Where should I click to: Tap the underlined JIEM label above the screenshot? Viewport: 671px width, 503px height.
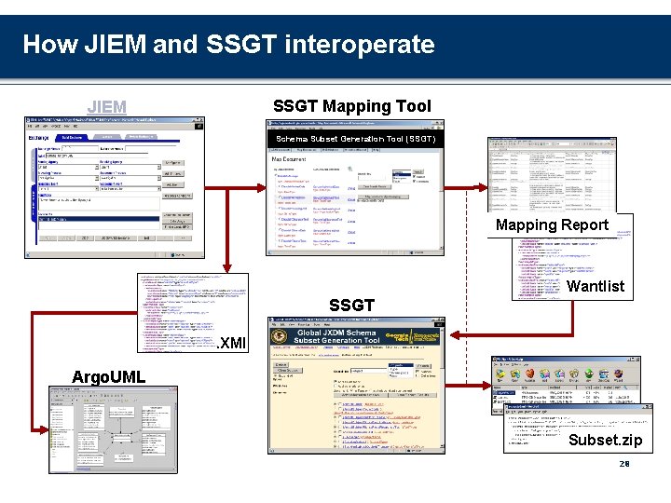tap(106, 107)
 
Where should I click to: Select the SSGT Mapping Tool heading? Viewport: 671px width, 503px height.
tap(351, 106)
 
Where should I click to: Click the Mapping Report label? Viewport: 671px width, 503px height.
tap(552, 225)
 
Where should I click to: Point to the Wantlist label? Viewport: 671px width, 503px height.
tap(596, 286)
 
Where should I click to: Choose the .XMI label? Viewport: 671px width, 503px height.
tap(230, 344)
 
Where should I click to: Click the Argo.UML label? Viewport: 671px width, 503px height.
tap(108, 376)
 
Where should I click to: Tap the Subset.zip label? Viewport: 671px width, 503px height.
tap(605, 440)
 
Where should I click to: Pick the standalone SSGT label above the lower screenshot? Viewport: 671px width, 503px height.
tap(351, 306)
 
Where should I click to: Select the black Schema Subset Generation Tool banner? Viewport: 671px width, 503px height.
tap(355, 139)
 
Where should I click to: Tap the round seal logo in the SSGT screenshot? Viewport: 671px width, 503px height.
tap(281, 338)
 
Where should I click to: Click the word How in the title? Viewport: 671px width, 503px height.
tap(48, 44)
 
